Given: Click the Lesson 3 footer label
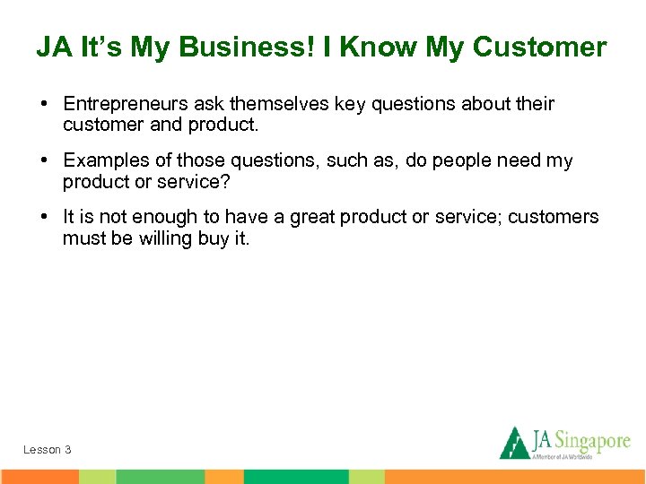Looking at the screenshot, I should (x=48, y=449).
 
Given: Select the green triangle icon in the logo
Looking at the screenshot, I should (x=514, y=443).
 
